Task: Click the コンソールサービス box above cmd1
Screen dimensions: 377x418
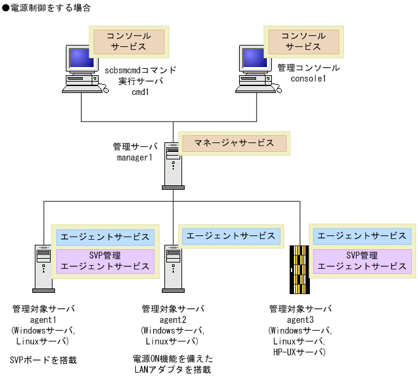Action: [129, 41]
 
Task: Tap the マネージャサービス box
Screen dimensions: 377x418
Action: [234, 143]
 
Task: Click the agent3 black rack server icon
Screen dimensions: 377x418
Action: [300, 269]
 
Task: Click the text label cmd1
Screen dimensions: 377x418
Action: [139, 91]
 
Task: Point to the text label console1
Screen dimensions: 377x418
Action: [308, 78]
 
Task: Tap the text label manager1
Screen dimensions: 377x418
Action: [135, 157]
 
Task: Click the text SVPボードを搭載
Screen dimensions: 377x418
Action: [43, 360]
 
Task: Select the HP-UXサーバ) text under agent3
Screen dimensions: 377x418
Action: [300, 351]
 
